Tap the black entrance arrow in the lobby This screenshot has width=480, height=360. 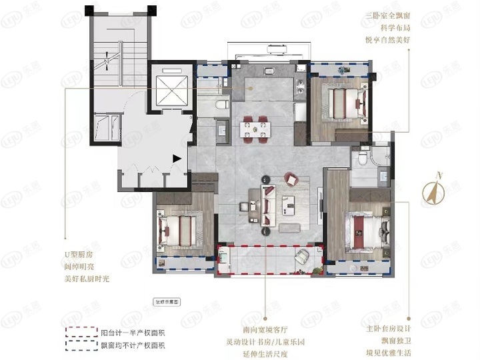click(176, 158)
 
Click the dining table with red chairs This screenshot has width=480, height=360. click(257, 126)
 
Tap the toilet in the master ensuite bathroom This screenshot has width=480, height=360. click(360, 157)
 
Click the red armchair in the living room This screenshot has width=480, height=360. click(291, 178)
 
